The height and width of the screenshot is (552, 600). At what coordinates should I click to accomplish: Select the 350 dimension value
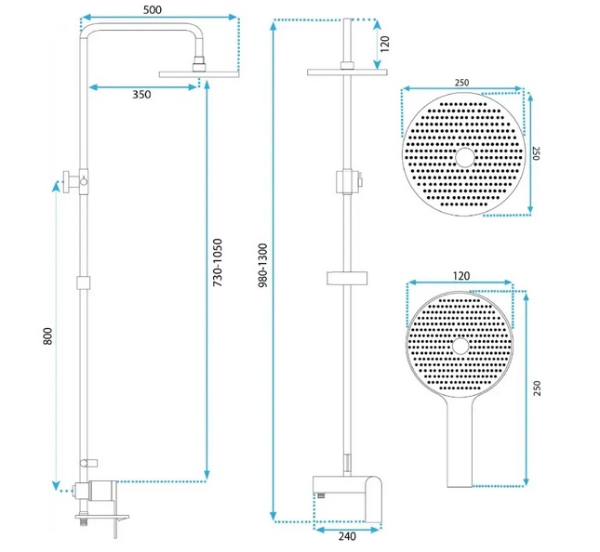tap(140, 94)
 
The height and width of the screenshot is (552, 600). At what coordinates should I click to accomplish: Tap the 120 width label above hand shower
tap(460, 277)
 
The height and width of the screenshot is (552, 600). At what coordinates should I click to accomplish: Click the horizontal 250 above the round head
tap(461, 83)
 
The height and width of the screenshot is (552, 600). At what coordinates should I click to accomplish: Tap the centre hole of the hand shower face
tap(460, 347)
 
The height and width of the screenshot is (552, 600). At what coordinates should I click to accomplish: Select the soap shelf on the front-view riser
tap(348, 275)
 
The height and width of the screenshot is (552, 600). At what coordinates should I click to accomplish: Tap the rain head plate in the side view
tap(196, 73)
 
